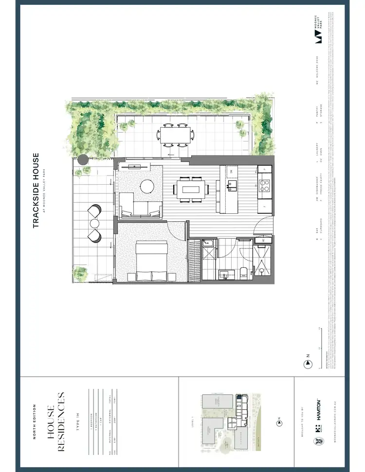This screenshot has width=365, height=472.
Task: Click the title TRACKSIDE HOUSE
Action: (36, 191)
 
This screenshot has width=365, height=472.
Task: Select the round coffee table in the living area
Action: (146, 187)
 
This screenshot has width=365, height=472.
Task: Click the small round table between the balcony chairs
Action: (94, 223)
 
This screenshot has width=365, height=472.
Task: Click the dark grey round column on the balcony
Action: (83, 159)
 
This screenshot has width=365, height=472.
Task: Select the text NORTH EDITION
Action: (35, 421)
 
